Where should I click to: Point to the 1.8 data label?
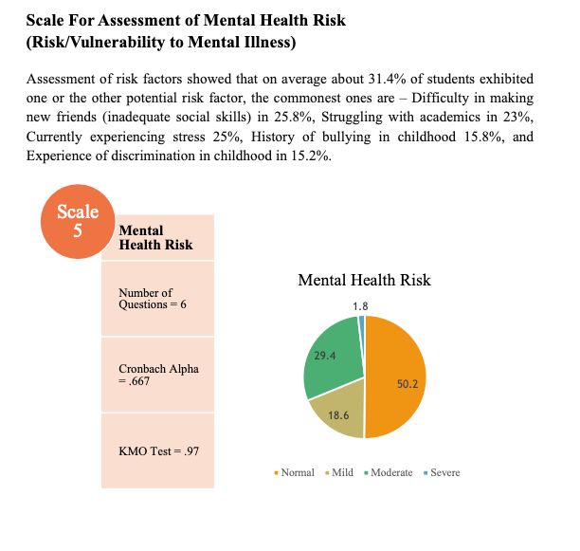[x=360, y=306]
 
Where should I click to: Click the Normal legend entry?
[x=297, y=472]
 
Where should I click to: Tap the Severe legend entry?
[x=444, y=472]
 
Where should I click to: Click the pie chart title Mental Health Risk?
[x=364, y=280]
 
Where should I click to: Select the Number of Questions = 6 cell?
[x=157, y=299]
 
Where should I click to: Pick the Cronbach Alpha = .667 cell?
[x=157, y=374]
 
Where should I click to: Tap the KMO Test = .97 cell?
[x=157, y=450]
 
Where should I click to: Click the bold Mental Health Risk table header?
[x=155, y=237]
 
